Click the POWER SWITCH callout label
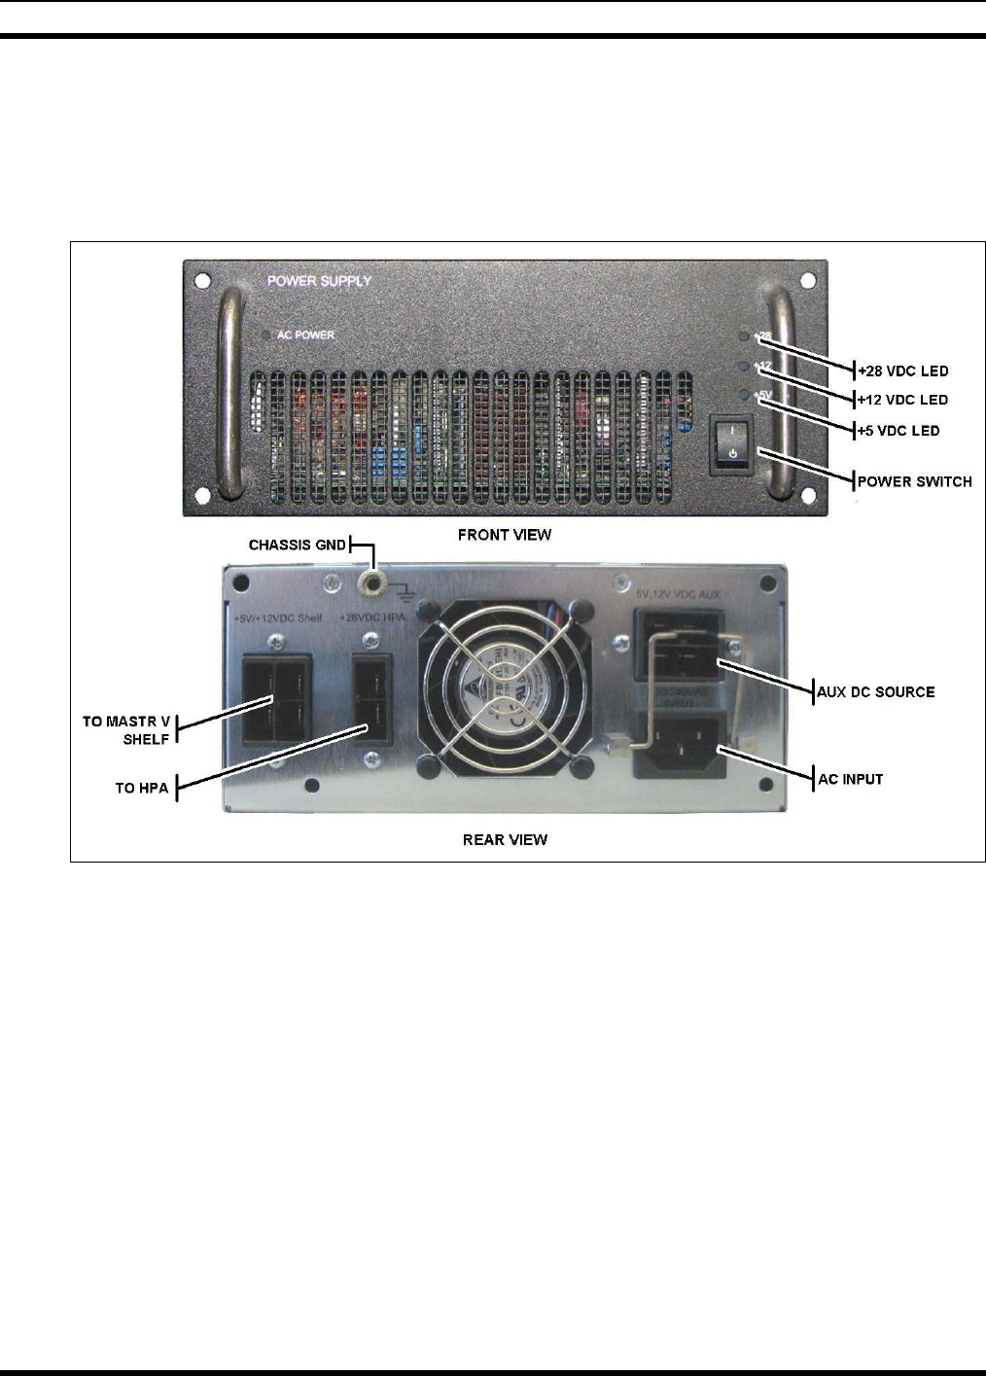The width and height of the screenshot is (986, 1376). point(914,481)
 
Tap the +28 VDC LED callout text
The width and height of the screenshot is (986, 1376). point(902,370)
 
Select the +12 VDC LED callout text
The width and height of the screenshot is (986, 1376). point(902,400)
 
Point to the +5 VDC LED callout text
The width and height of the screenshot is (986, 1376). point(898,431)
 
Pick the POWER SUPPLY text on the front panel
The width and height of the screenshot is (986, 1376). point(319,281)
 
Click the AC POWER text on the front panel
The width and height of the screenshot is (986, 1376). point(305,335)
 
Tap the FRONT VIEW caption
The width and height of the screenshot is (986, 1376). point(505,535)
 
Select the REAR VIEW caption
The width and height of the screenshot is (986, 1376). point(505,839)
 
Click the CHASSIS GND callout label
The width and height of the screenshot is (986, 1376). point(298,545)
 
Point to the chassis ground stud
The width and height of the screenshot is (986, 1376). point(370,582)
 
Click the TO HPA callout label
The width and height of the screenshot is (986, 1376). point(142,788)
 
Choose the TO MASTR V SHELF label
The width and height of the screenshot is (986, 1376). point(126,730)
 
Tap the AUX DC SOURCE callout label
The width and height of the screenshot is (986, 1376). point(876,692)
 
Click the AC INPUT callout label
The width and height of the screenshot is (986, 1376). point(851,779)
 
